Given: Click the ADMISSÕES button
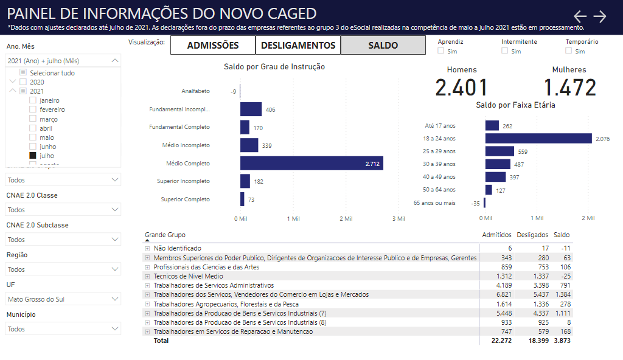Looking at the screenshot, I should (x=212, y=46).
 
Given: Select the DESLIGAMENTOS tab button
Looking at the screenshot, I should (x=298, y=46).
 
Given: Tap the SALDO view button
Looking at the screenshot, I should (x=383, y=46).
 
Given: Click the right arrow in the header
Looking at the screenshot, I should (x=600, y=16).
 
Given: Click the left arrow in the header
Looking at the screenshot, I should (x=580, y=16).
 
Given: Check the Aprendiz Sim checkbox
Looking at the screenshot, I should (x=441, y=51).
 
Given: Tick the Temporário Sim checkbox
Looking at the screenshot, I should (x=568, y=51).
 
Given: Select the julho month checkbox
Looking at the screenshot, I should (x=33, y=156).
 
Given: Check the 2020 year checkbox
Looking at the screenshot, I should (x=23, y=82).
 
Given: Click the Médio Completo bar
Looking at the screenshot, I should (x=311, y=163).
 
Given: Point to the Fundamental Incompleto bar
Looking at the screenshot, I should (x=251, y=109).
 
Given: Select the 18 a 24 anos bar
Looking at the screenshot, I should (x=538, y=139).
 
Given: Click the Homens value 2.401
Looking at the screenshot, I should (x=462, y=88).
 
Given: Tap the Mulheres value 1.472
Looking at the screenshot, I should (x=569, y=88).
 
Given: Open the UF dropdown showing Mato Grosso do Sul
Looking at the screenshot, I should (x=63, y=299).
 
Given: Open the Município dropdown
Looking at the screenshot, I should (x=63, y=329).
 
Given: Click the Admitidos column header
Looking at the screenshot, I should (x=496, y=235).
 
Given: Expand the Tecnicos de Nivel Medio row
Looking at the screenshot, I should (x=147, y=276).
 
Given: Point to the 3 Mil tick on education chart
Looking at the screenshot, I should (x=398, y=218).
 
